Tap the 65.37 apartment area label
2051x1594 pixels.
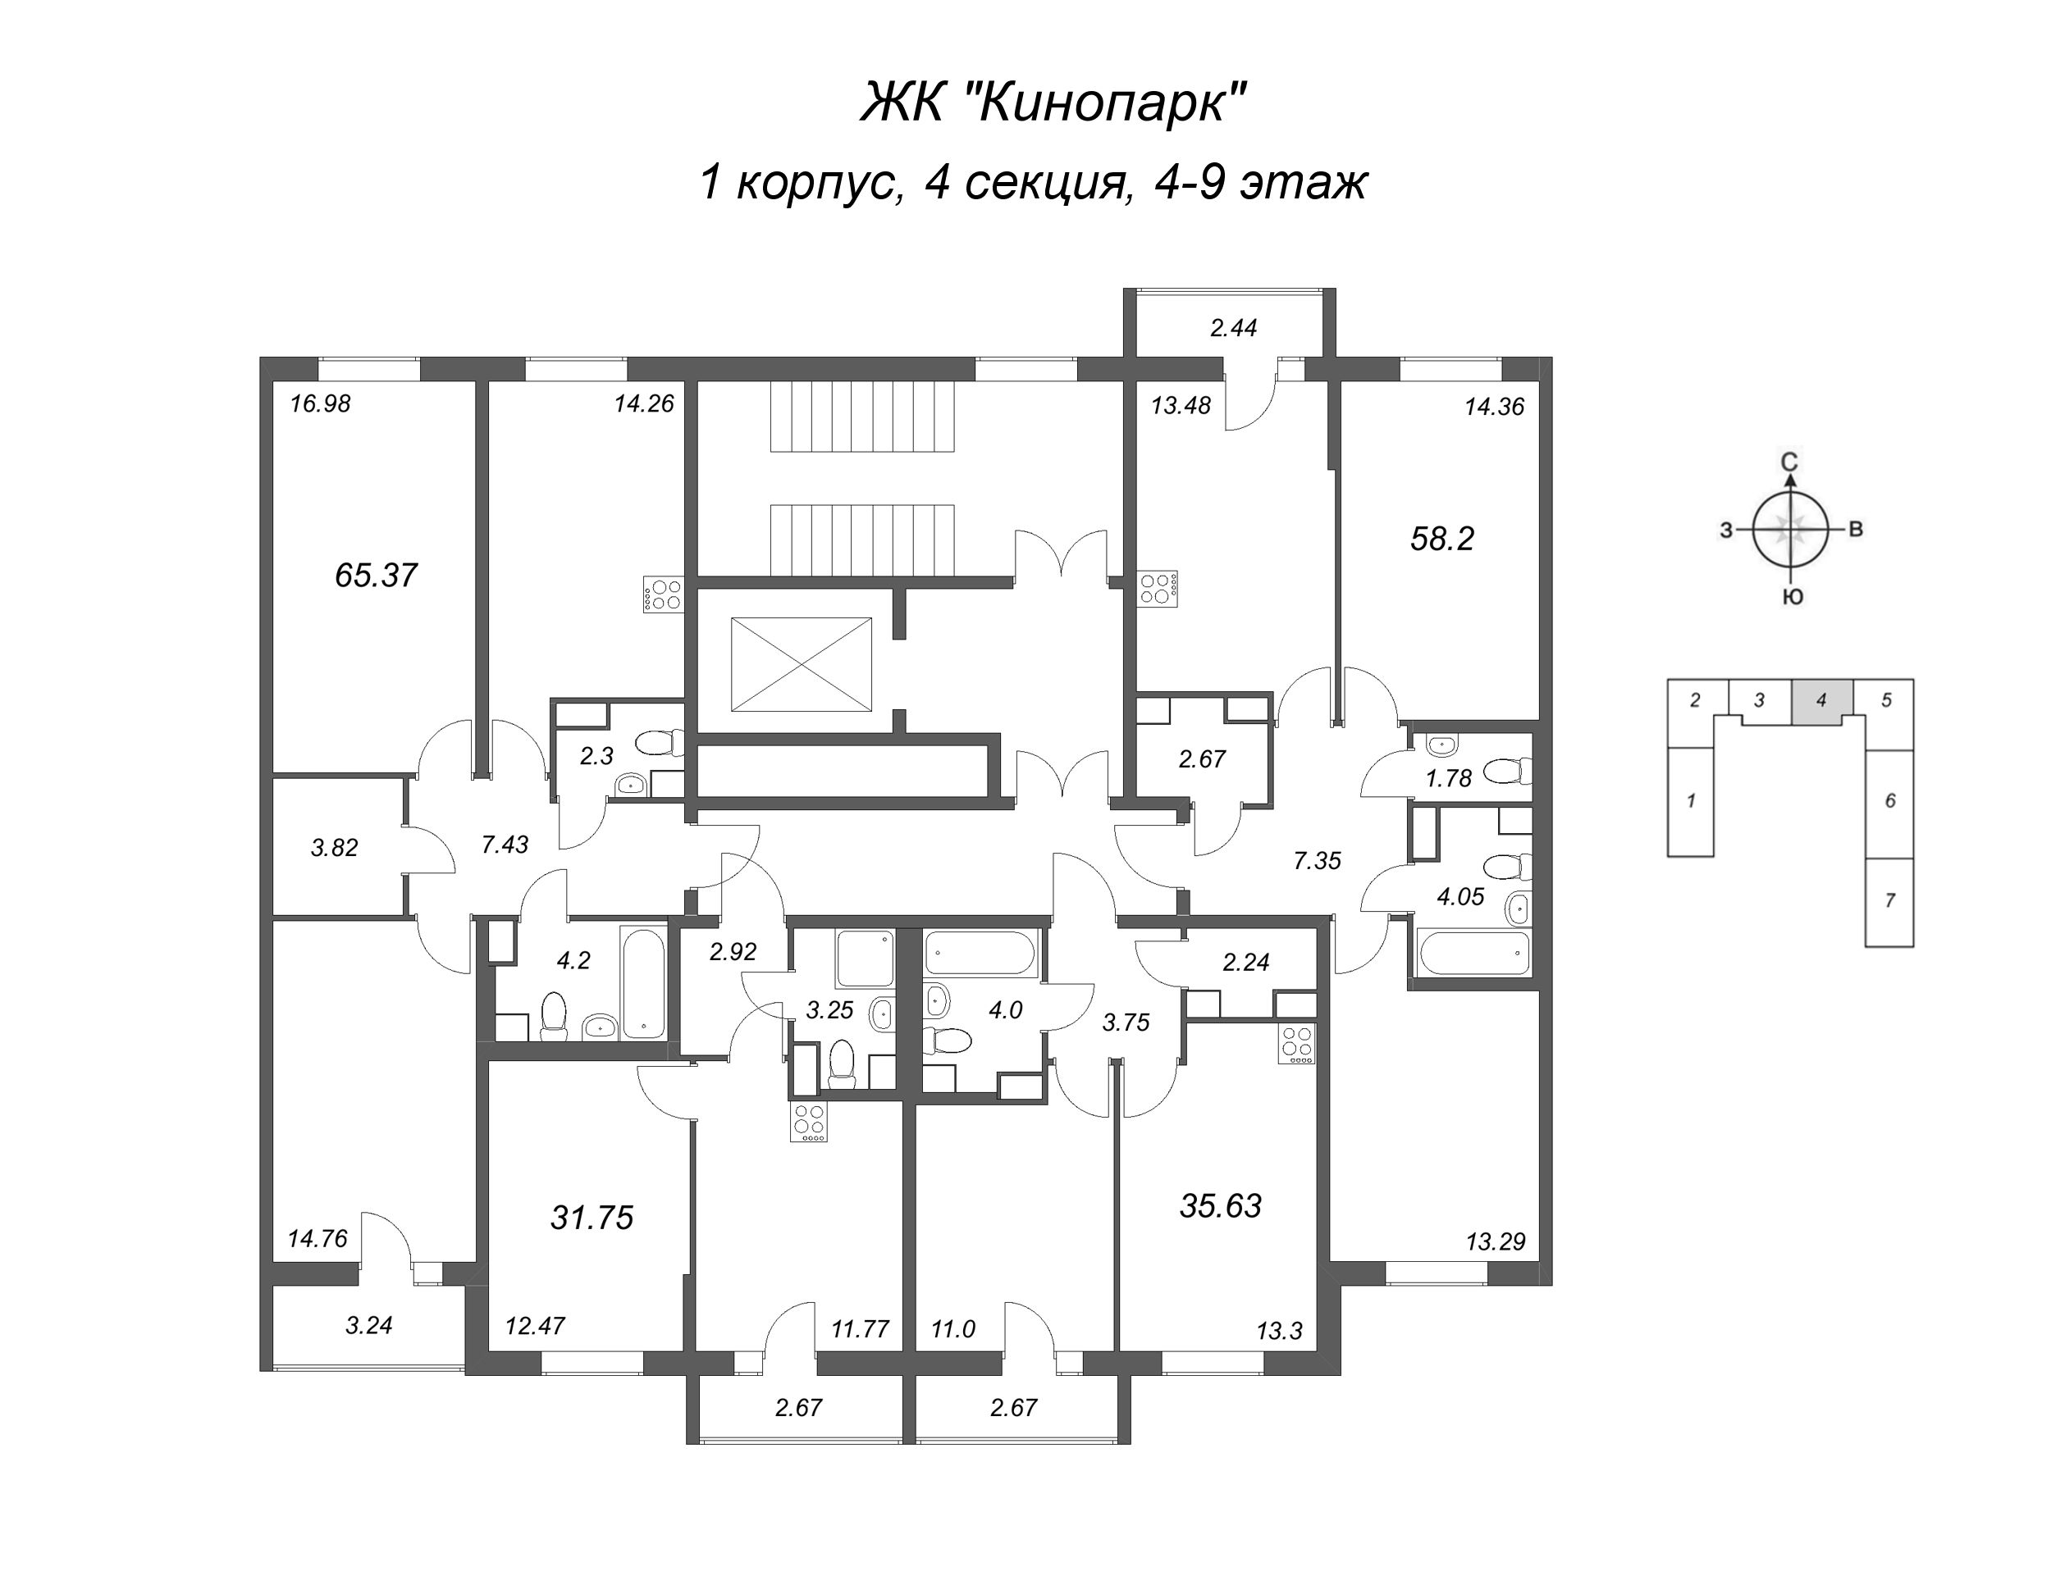coord(376,575)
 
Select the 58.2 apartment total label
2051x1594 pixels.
coord(1442,538)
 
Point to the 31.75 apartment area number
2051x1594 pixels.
coord(592,1218)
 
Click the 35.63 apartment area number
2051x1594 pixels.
coord(1220,1205)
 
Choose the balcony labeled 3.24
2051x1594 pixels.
coord(368,1326)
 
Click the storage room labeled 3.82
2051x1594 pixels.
coord(335,847)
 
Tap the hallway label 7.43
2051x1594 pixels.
coord(505,845)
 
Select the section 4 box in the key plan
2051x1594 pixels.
coord(1822,701)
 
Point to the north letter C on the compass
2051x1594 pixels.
coord(1790,461)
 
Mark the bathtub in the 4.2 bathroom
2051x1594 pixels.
coord(643,982)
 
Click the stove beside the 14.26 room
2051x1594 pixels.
coord(663,594)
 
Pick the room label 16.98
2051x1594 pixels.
coord(320,403)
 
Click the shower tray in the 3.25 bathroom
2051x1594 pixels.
coord(865,959)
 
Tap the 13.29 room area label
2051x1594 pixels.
coord(1495,1242)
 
